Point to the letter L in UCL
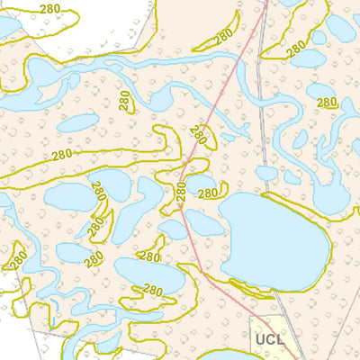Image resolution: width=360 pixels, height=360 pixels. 280,340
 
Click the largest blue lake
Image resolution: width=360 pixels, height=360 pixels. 270,238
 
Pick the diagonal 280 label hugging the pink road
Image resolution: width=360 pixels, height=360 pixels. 198,136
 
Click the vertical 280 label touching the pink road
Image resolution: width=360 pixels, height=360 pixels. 180,192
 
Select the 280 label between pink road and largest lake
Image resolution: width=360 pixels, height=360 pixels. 208,193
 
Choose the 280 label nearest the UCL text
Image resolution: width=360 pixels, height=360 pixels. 153,291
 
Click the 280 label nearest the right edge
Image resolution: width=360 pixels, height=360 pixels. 328,103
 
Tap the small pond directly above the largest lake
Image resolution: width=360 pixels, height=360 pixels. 266,173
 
